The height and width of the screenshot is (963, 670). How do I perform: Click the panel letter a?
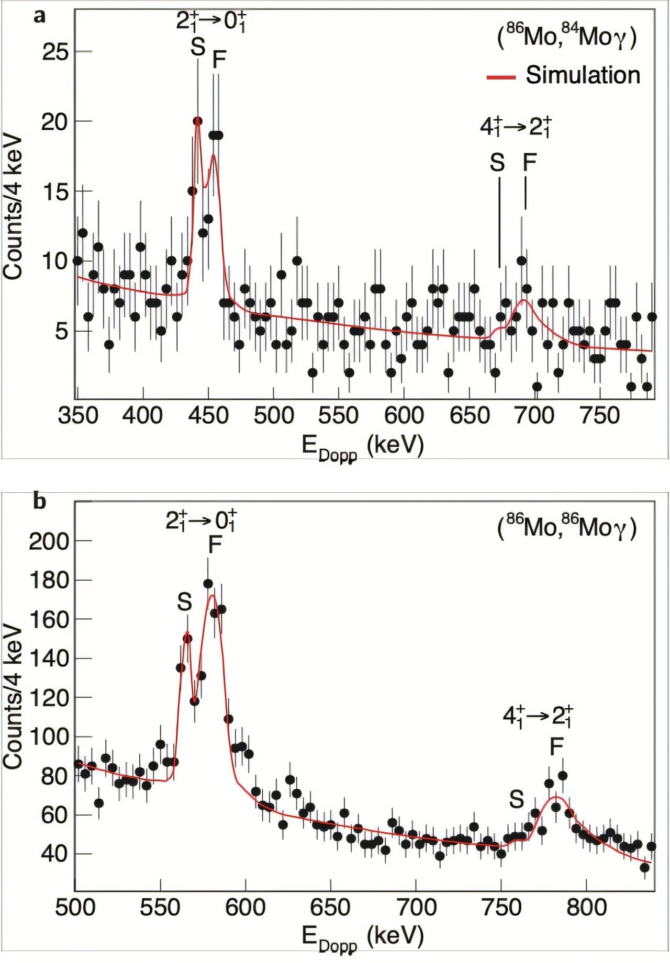(x=39, y=16)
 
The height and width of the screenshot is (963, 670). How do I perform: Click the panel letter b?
(x=39, y=501)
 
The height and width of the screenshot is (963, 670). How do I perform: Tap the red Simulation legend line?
(x=501, y=77)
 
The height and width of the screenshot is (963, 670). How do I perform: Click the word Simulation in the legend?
(x=583, y=75)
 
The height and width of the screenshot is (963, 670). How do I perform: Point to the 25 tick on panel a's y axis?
(x=55, y=52)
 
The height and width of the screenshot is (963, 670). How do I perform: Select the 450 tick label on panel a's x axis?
(x=208, y=416)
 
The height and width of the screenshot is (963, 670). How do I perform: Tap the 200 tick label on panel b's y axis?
(x=49, y=541)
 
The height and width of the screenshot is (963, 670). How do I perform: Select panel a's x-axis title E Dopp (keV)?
(x=362, y=447)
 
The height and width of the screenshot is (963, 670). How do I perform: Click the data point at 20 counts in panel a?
(x=197, y=121)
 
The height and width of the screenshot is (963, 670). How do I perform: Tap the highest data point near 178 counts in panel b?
(x=208, y=584)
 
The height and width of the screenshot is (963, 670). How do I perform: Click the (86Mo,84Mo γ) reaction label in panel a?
(x=566, y=38)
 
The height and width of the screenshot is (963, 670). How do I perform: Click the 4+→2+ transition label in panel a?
(x=516, y=127)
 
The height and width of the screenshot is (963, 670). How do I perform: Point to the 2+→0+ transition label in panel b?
(x=202, y=520)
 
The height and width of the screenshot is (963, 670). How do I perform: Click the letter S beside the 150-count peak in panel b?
(x=184, y=602)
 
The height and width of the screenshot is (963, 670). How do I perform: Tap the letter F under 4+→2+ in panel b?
(x=556, y=747)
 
